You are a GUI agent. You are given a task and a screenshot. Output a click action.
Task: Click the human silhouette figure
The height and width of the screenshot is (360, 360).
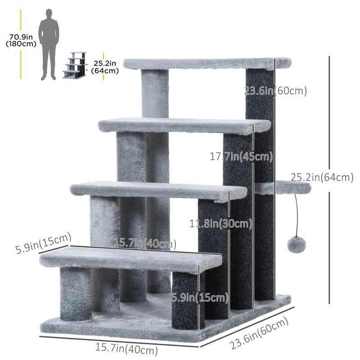click(x=49, y=43)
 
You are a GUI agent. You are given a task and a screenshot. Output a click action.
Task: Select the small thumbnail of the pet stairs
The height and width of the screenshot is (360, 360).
click(x=74, y=66)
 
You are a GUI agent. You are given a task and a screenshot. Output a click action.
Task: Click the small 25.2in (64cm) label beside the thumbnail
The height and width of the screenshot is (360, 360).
click(x=105, y=67)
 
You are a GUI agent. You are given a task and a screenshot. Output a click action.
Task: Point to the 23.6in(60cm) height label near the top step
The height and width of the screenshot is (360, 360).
click(x=275, y=91)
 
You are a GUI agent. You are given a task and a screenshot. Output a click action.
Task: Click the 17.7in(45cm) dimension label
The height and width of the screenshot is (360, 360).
click(x=241, y=157)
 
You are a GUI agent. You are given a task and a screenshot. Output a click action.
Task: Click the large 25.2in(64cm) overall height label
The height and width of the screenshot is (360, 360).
click(x=321, y=178)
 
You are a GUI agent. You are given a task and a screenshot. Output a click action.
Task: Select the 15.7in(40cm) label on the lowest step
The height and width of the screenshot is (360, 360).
click(x=144, y=243)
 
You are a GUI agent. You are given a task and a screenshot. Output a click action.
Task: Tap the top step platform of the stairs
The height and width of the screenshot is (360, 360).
click(x=207, y=63)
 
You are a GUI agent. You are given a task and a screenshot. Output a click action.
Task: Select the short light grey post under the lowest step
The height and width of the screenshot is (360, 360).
click(x=76, y=292)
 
